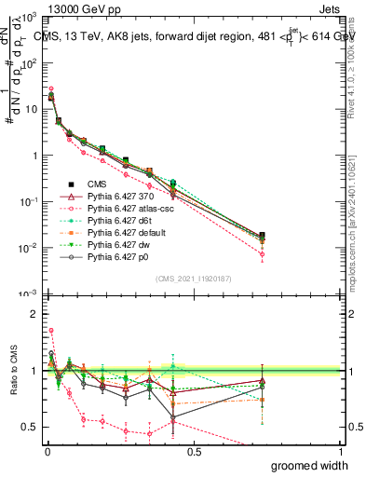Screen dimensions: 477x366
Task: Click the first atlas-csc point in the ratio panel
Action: pos(50,330)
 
